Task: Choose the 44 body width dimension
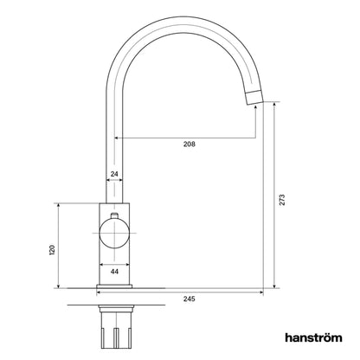click(115, 271)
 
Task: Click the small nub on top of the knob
click(115, 214)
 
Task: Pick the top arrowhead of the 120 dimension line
click(59, 206)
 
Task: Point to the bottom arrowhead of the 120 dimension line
click(59, 286)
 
